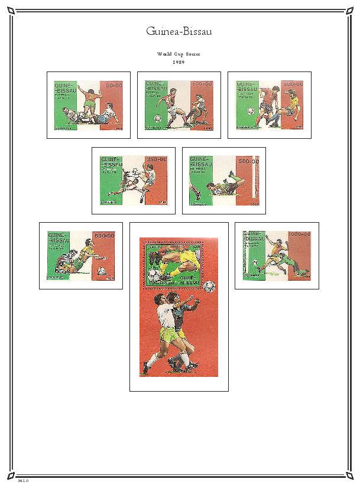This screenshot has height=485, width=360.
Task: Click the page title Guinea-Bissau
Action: tap(179, 31)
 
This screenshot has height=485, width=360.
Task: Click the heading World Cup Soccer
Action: tap(179, 54)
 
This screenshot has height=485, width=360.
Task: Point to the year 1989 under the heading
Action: tap(179, 61)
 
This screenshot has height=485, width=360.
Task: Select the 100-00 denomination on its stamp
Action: tap(203, 84)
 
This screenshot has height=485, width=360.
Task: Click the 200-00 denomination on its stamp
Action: tap(293, 84)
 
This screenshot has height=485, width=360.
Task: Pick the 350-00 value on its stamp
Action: tap(158, 160)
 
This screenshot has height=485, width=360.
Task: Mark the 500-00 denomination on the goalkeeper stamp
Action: tap(248, 161)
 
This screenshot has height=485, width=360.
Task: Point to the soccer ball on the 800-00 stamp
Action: tap(101, 271)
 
